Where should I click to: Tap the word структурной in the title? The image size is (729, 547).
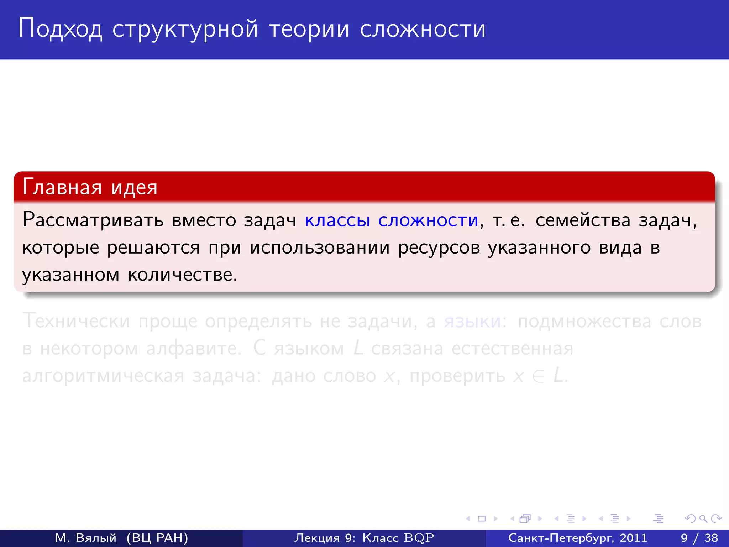click(185, 29)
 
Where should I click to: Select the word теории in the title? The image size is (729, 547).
click(309, 29)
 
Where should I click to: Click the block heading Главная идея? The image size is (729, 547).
click(90, 187)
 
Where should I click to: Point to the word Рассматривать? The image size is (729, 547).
click(93, 220)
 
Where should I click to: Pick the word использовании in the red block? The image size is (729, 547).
click(319, 248)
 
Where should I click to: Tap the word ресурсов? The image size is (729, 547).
click(439, 248)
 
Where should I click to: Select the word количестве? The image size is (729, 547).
click(182, 275)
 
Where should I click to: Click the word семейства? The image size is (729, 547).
click(583, 220)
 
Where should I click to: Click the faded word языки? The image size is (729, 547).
click(472, 321)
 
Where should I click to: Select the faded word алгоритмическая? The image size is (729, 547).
click(103, 376)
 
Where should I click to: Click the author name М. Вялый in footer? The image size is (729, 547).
click(86, 538)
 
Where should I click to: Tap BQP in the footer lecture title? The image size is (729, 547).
click(419, 538)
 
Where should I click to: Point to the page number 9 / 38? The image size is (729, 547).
click(699, 538)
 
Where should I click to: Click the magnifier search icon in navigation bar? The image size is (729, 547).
click(703, 519)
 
